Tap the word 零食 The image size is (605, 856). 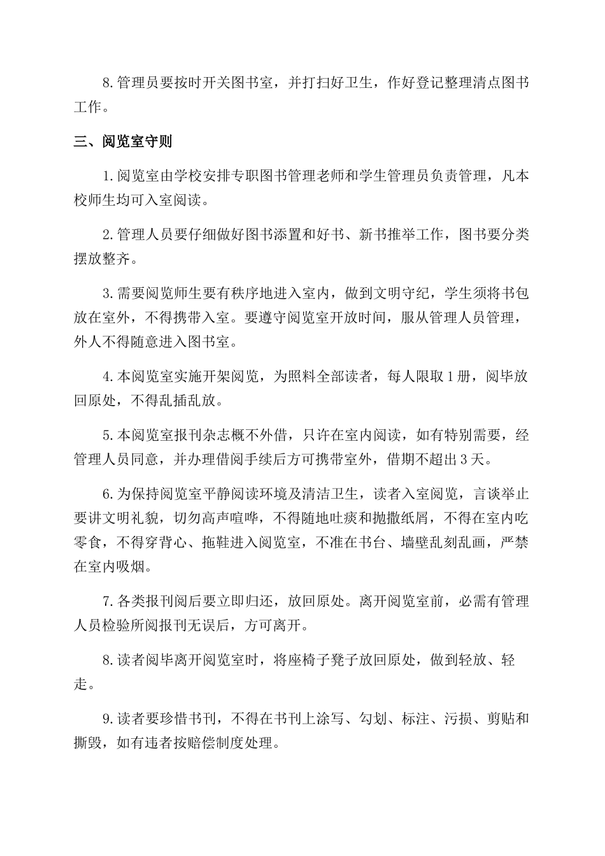tap(89, 542)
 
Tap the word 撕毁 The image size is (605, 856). tap(89, 743)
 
